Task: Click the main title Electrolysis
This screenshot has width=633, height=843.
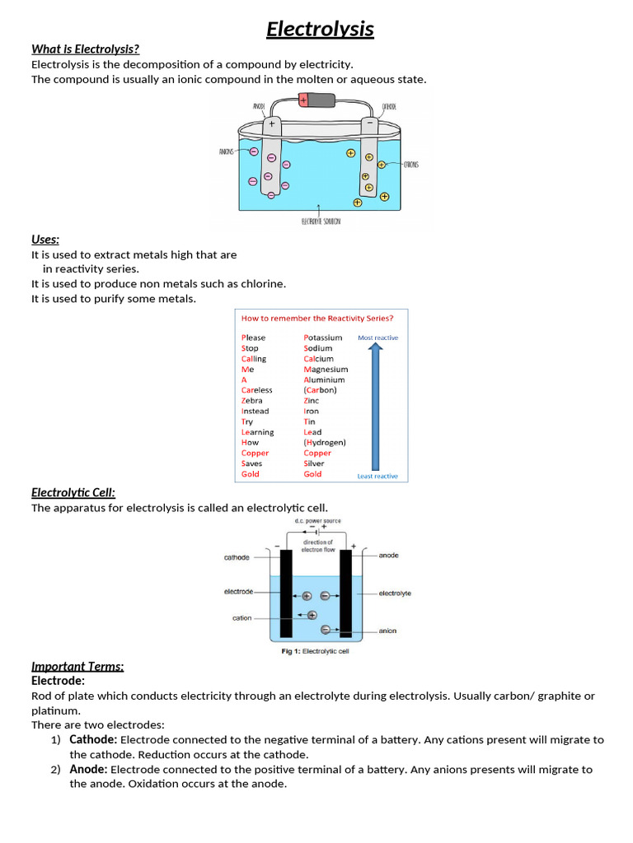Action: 320,30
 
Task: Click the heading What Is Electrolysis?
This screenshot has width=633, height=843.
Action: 85,49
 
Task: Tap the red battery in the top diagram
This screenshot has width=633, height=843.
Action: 317,100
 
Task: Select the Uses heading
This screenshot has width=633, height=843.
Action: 45,240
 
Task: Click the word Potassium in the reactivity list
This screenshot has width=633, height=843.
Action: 322,338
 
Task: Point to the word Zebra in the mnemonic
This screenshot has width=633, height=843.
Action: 252,401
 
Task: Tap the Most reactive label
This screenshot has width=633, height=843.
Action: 377,338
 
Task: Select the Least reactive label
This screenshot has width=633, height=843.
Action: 377,476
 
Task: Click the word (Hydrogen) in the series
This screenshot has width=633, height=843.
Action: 325,442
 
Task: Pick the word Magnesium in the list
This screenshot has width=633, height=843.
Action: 326,370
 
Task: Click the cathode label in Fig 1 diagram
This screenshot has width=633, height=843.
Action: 237,557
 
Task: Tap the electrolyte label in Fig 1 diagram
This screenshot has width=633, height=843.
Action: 395,593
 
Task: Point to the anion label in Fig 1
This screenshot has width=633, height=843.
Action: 387,631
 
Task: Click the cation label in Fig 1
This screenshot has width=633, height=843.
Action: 241,618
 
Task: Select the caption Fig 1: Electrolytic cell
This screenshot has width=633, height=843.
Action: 316,651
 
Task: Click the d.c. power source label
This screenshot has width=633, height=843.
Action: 317,521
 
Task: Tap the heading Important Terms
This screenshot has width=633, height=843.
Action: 77,666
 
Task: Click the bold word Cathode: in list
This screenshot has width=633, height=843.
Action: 93,740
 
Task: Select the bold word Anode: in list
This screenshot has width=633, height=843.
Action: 88,769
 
